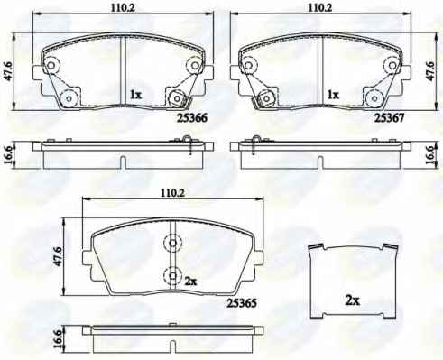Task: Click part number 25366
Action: tap(192, 117)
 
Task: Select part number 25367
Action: tap(389, 117)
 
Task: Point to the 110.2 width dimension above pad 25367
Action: tap(319, 8)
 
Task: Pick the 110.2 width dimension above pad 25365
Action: tap(172, 193)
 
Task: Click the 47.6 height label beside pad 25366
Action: tap(8, 71)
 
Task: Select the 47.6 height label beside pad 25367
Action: tap(430, 71)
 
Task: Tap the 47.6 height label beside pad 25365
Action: tap(59, 256)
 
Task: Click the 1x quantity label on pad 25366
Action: tap(135, 95)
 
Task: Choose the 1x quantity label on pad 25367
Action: tap(333, 95)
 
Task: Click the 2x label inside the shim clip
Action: tap(353, 300)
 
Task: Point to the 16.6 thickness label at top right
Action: tap(430, 155)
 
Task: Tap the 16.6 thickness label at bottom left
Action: tap(59, 340)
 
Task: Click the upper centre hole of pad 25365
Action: tap(172, 243)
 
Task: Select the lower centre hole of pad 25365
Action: tap(172, 275)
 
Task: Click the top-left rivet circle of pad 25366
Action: tap(51, 65)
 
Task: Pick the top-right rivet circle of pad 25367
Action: tap(392, 65)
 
